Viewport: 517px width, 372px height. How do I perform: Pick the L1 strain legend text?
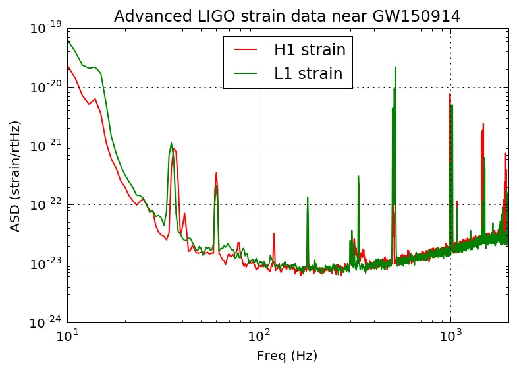(308, 73)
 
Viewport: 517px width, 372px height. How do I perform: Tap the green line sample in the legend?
(245, 73)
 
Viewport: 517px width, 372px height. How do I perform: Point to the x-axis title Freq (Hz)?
(287, 357)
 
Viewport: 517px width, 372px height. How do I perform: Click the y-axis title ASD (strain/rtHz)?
(14, 175)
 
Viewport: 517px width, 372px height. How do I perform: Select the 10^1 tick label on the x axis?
(68, 336)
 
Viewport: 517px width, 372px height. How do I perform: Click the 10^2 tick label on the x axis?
(259, 336)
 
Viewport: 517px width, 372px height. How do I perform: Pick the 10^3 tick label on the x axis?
(450, 336)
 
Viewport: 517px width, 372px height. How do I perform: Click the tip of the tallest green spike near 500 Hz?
(395, 67)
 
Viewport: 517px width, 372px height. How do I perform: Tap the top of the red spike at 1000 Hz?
(450, 93)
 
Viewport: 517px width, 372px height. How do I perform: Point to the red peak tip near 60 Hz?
(216, 173)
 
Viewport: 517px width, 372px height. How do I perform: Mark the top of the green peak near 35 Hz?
(171, 143)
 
